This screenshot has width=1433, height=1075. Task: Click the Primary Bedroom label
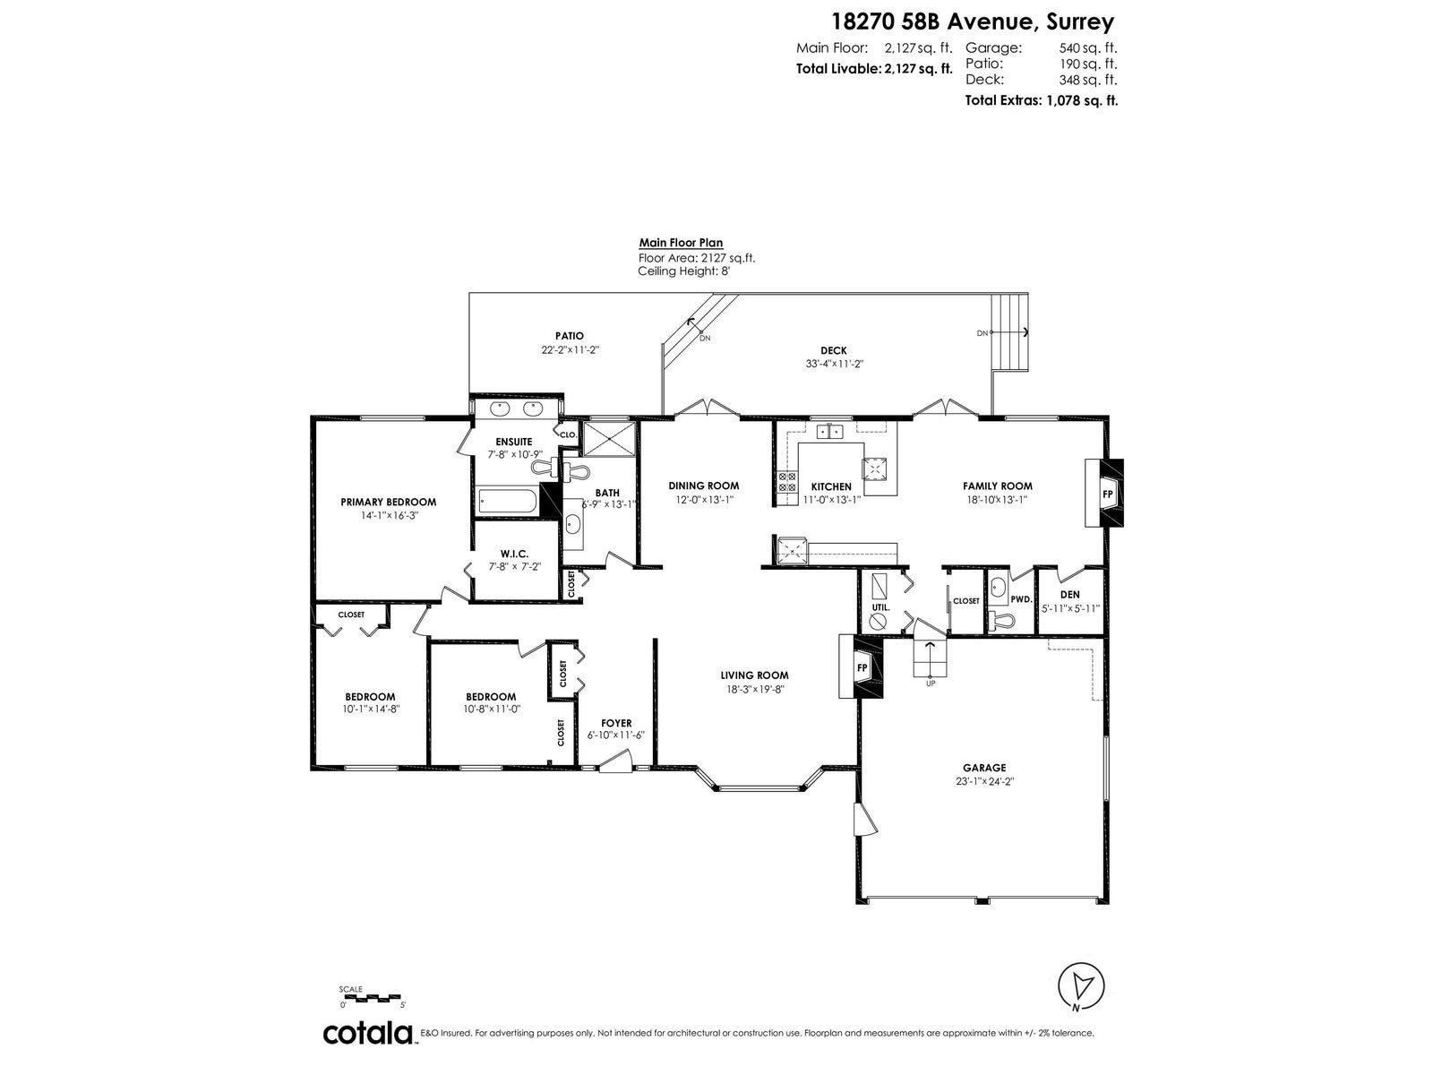[x=389, y=502]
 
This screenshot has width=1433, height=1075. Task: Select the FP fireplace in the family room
[x=1104, y=494]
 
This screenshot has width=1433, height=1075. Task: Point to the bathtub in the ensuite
[x=508, y=502]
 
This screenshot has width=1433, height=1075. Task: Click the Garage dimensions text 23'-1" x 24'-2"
[x=984, y=781]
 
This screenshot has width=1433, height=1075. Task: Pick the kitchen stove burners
[x=787, y=482]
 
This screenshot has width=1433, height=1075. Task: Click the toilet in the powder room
[x=999, y=619]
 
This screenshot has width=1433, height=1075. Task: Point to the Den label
[x=1070, y=595]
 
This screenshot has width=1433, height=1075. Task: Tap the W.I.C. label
[x=514, y=554]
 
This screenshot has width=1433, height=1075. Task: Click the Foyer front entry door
[x=615, y=762]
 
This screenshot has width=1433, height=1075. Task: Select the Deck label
[x=834, y=350]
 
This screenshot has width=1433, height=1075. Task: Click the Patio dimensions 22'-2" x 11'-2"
[x=570, y=350]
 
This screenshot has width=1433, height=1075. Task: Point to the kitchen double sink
[x=829, y=432]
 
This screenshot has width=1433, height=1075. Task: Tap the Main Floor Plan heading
[x=681, y=243]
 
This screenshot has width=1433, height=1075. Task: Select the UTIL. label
[x=880, y=607]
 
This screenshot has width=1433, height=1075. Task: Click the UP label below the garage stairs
[x=931, y=684]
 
